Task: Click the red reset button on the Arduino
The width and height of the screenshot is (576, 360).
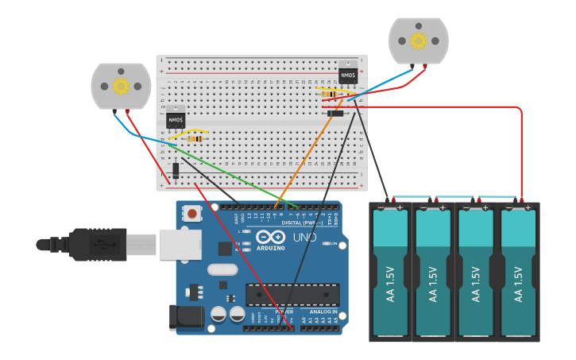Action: (x=192, y=213)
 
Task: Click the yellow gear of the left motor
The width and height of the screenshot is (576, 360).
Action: (x=121, y=86)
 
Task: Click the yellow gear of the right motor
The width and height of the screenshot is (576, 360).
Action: (x=418, y=41)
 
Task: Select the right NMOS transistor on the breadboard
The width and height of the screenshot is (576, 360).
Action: (x=348, y=74)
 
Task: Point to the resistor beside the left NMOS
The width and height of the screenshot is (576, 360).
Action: (x=195, y=139)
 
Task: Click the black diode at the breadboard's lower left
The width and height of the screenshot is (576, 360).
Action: (x=175, y=169)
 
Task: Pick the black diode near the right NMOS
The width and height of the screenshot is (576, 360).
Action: (x=335, y=114)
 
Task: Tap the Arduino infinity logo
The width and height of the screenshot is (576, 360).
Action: (x=270, y=237)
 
